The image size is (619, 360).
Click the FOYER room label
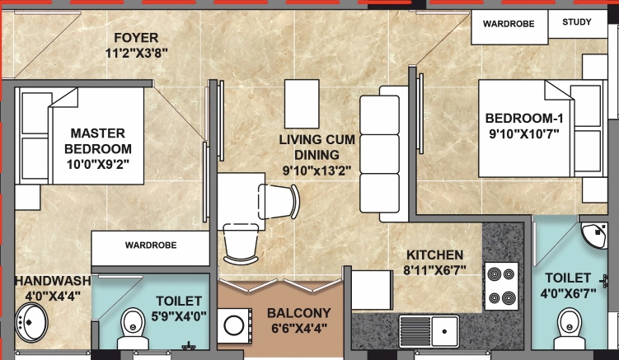(x=136, y=38)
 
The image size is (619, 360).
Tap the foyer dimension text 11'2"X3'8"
(x=137, y=53)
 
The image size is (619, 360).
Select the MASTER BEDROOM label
(x=98, y=141)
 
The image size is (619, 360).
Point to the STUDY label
(x=577, y=21)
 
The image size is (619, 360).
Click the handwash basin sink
(x=31, y=322)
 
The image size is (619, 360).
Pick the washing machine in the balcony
(x=234, y=325)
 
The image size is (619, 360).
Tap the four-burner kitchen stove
(x=501, y=286)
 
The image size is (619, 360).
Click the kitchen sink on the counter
(x=429, y=331)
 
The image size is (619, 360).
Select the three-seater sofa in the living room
(x=384, y=153)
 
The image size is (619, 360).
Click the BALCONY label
(x=299, y=313)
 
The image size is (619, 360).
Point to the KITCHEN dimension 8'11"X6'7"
(x=434, y=270)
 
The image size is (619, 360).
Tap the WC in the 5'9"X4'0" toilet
(x=133, y=329)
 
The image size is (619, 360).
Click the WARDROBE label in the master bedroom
(x=151, y=245)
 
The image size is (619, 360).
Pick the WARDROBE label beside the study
(x=509, y=24)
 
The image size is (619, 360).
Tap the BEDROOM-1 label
(x=524, y=119)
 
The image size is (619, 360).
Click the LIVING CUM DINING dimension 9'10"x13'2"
(x=317, y=171)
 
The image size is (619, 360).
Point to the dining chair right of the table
(x=279, y=201)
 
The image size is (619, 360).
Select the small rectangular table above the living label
(x=302, y=104)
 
